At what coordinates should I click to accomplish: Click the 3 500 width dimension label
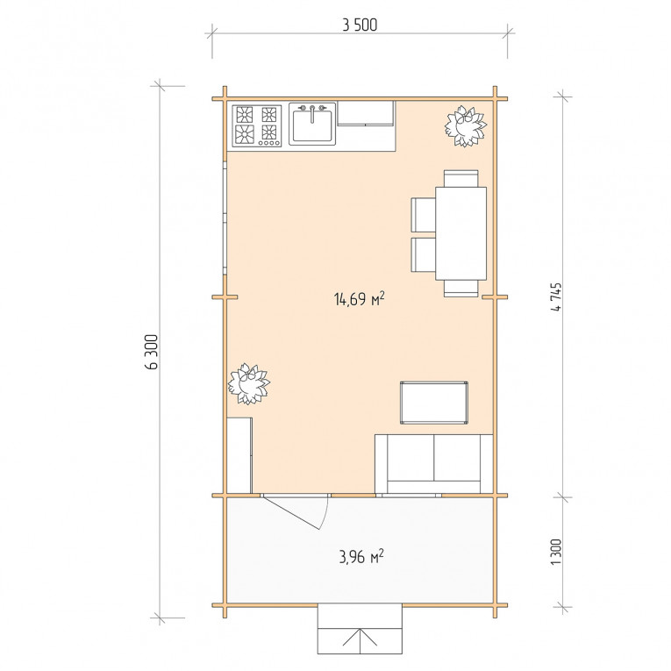pos(360,25)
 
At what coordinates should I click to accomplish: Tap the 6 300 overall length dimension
pos(152,352)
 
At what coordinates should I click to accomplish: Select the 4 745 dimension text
pos(556,297)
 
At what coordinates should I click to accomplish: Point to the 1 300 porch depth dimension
pos(556,552)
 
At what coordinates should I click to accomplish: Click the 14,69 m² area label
pos(359,299)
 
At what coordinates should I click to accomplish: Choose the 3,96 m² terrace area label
pos(361,557)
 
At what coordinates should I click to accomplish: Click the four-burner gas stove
pos(257,125)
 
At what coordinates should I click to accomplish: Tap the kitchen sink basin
pos(312,124)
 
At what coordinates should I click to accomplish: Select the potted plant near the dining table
pos(465,125)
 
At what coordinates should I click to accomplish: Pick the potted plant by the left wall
pos(248,383)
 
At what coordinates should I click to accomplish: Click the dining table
pos(460,233)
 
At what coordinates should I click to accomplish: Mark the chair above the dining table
pos(460,178)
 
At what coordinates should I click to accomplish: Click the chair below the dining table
pos(460,289)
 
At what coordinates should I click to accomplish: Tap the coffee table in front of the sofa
pos(434,403)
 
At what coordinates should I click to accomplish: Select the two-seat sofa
pos(434,464)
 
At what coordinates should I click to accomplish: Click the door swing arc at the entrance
pos(325,514)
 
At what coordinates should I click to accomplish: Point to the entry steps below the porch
pos(360,629)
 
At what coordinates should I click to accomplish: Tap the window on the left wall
pos(225,218)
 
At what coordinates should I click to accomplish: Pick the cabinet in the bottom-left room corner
pos(239,456)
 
